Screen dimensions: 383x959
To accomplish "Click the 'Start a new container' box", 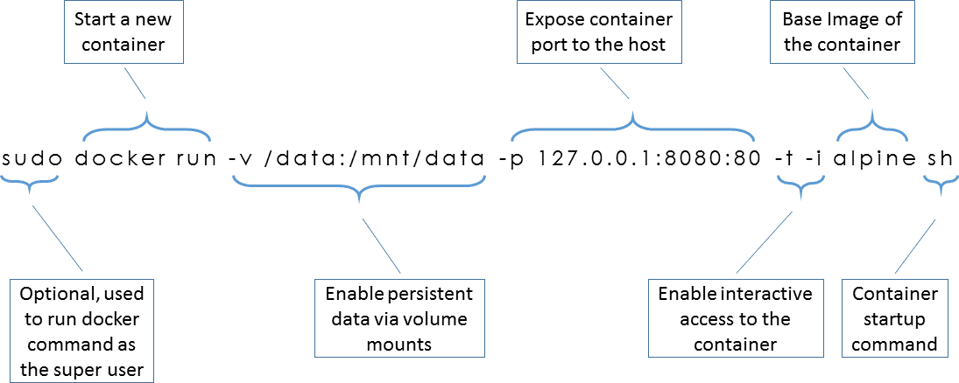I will [x=124, y=31].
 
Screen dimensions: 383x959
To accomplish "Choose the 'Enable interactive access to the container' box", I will [x=735, y=318].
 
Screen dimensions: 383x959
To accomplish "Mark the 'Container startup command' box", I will [x=894, y=318].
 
